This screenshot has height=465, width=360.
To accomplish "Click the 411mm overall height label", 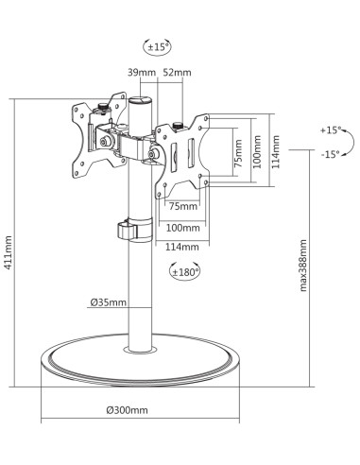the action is [9, 252].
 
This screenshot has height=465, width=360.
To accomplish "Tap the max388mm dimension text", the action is [303, 266].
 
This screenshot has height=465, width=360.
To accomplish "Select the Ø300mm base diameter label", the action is [127, 410].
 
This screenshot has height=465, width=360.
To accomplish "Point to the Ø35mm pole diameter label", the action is [108, 302].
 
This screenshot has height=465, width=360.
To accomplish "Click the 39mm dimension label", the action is [142, 73].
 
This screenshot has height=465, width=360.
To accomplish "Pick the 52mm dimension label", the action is [177, 73].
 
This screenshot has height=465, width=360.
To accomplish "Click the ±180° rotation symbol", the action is [184, 271].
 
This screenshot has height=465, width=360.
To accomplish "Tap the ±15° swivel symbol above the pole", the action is [157, 47].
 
